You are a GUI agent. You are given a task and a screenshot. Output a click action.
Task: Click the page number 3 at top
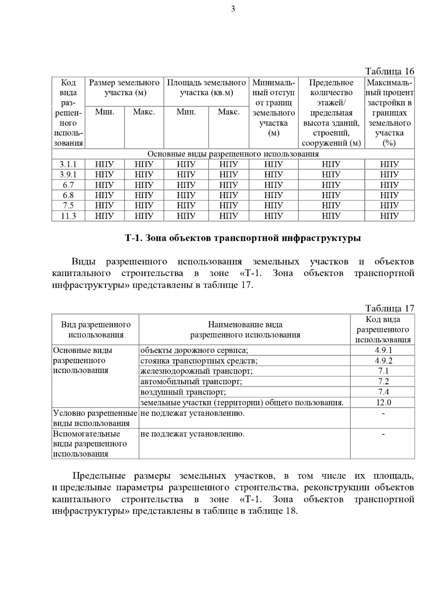pyautogui.click(x=233, y=9)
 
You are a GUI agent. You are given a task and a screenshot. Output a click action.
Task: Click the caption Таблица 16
pyautogui.click(x=389, y=71)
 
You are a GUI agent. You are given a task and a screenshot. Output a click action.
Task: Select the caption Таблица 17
pyautogui.click(x=389, y=308)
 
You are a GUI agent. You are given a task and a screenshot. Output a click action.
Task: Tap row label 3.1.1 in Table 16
pyautogui.click(x=68, y=164)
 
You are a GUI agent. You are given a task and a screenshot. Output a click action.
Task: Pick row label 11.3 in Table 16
pyautogui.click(x=68, y=216)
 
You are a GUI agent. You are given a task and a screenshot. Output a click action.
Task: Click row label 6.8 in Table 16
pyautogui.click(x=68, y=196)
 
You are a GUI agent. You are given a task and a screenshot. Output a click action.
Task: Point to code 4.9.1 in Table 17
pyautogui.click(x=383, y=350)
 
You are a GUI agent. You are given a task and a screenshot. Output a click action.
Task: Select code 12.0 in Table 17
pyautogui.click(x=383, y=402)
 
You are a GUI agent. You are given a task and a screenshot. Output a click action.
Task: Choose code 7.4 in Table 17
pyautogui.click(x=383, y=392)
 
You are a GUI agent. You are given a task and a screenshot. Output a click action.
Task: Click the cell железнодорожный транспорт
pyautogui.click(x=196, y=371)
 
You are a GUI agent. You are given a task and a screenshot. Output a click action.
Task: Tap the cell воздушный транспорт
pyautogui.click(x=183, y=392)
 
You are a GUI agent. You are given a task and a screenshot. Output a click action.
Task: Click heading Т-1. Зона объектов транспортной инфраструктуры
pyautogui.click(x=243, y=238)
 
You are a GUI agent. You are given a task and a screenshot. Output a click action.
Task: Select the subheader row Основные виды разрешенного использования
pyautogui.click(x=233, y=154)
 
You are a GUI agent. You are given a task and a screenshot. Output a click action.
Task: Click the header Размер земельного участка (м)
pyautogui.click(x=124, y=87)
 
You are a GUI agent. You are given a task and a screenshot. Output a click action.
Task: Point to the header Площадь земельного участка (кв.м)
pyautogui.click(x=206, y=87)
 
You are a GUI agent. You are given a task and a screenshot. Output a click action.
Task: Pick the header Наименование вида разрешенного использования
pyautogui.click(x=245, y=330)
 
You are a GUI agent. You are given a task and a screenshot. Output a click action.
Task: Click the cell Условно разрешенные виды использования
pyautogui.click(x=95, y=418)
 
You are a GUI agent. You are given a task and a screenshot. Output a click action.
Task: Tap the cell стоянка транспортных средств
pyautogui.click(x=199, y=361)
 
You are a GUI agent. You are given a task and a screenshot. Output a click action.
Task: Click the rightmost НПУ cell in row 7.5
pyautogui.click(x=389, y=206)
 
